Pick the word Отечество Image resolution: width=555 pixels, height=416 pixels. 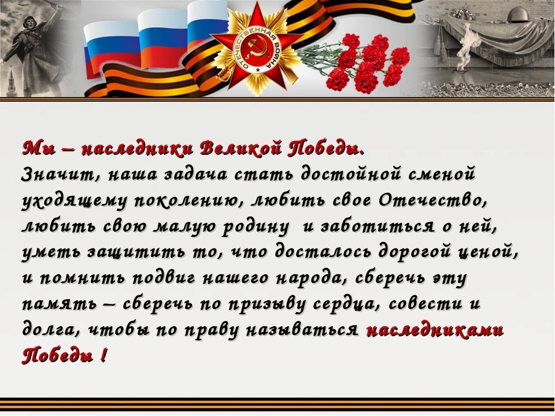(x=432, y=200)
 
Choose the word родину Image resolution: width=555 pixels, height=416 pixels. (x=255, y=227)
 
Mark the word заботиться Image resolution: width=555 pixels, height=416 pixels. (x=378, y=226)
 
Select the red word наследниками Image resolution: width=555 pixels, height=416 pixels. (x=435, y=330)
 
